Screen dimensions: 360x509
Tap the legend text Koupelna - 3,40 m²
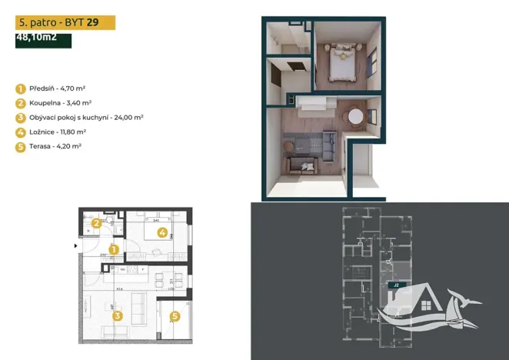(59, 102)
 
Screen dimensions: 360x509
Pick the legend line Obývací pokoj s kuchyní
(85, 117)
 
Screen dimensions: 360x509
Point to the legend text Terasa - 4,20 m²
(55, 145)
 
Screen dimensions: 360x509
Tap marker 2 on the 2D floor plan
(96, 224)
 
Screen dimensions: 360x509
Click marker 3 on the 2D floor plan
(117, 315)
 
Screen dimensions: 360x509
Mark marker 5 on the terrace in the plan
(175, 315)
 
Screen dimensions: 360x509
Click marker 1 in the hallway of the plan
(113, 249)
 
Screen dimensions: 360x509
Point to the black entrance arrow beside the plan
(75, 246)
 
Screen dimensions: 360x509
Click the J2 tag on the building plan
(396, 285)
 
